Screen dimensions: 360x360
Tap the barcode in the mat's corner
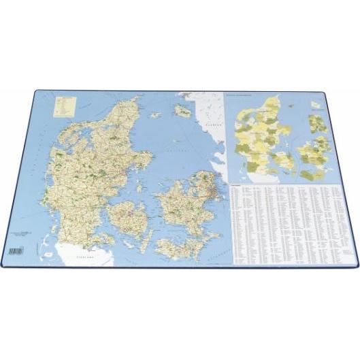14,251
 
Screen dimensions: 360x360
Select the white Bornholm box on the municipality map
316,103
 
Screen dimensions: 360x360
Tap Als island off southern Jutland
113,242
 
